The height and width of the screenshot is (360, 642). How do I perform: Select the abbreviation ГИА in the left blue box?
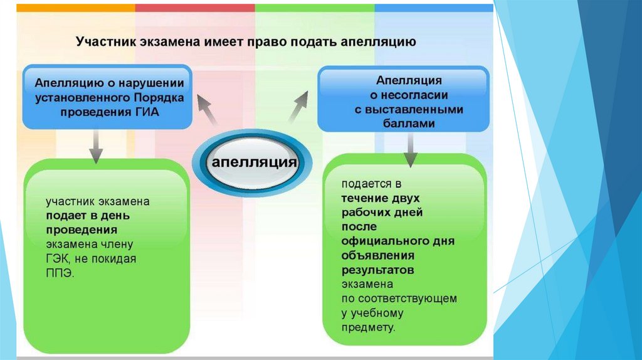(147, 112)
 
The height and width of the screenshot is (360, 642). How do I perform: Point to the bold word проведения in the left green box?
(73, 230)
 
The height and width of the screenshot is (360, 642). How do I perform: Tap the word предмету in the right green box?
(368, 327)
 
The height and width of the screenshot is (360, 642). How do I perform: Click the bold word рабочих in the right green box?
(364, 213)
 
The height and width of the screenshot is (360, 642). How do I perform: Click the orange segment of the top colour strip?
(75, 8)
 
